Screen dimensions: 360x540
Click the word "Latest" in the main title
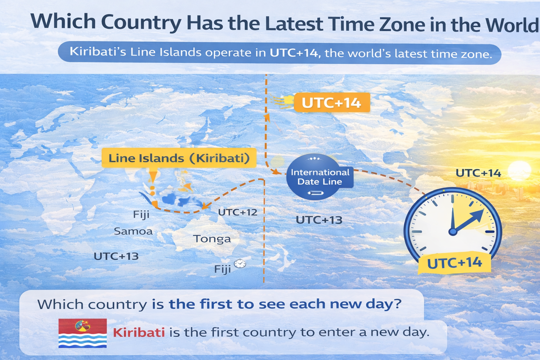point(294,24)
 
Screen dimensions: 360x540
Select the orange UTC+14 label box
point(332,103)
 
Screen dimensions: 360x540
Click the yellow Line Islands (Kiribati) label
point(179,158)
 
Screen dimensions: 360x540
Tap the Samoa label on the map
point(133,231)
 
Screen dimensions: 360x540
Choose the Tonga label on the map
point(212,239)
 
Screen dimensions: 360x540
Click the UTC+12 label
point(238,212)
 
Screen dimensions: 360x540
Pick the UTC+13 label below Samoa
point(116,256)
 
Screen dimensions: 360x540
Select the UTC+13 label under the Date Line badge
point(319,220)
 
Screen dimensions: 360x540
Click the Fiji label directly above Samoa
point(141,214)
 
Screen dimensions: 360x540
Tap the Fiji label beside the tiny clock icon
point(223,269)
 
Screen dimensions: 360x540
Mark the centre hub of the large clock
point(453,231)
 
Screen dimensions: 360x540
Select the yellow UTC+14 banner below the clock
point(454,263)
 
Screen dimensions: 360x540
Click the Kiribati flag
point(83,333)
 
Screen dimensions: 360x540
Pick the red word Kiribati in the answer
point(139,332)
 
